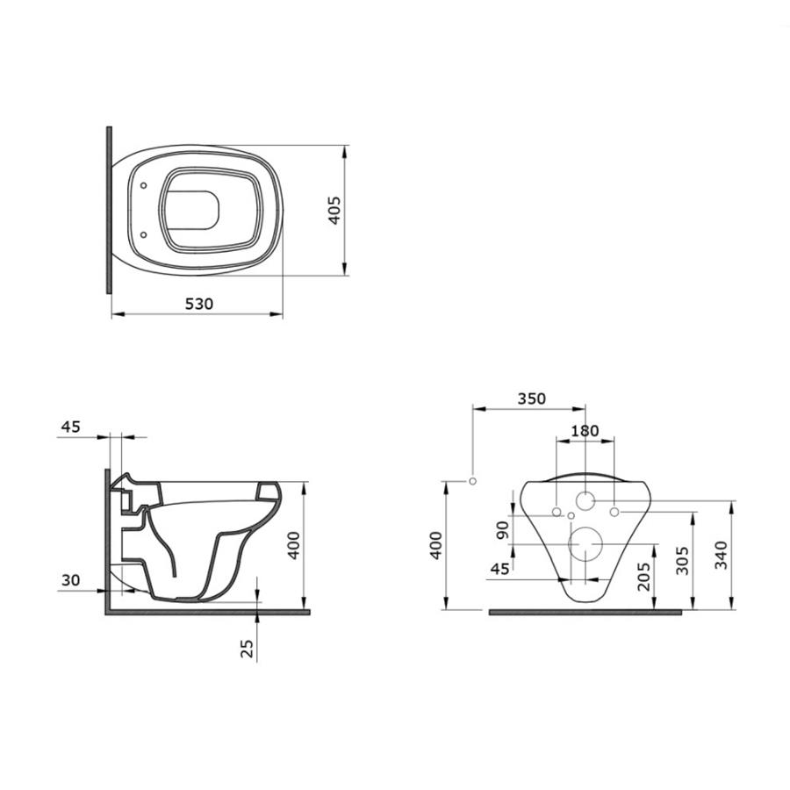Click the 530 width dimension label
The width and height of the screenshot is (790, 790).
tap(199, 304)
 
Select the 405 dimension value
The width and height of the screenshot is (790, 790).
tap(334, 210)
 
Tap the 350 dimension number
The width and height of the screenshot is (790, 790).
tap(532, 399)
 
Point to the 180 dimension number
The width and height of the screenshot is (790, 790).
tap(585, 431)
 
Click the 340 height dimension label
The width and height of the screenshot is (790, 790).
tap(722, 555)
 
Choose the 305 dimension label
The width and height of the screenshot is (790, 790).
tap(682, 560)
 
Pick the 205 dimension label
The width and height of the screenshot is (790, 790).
tap(644, 577)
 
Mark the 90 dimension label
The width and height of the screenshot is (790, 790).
tap(503, 530)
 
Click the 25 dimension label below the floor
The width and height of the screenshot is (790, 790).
tap(247, 649)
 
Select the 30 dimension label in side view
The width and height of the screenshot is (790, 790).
tap(70, 580)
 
